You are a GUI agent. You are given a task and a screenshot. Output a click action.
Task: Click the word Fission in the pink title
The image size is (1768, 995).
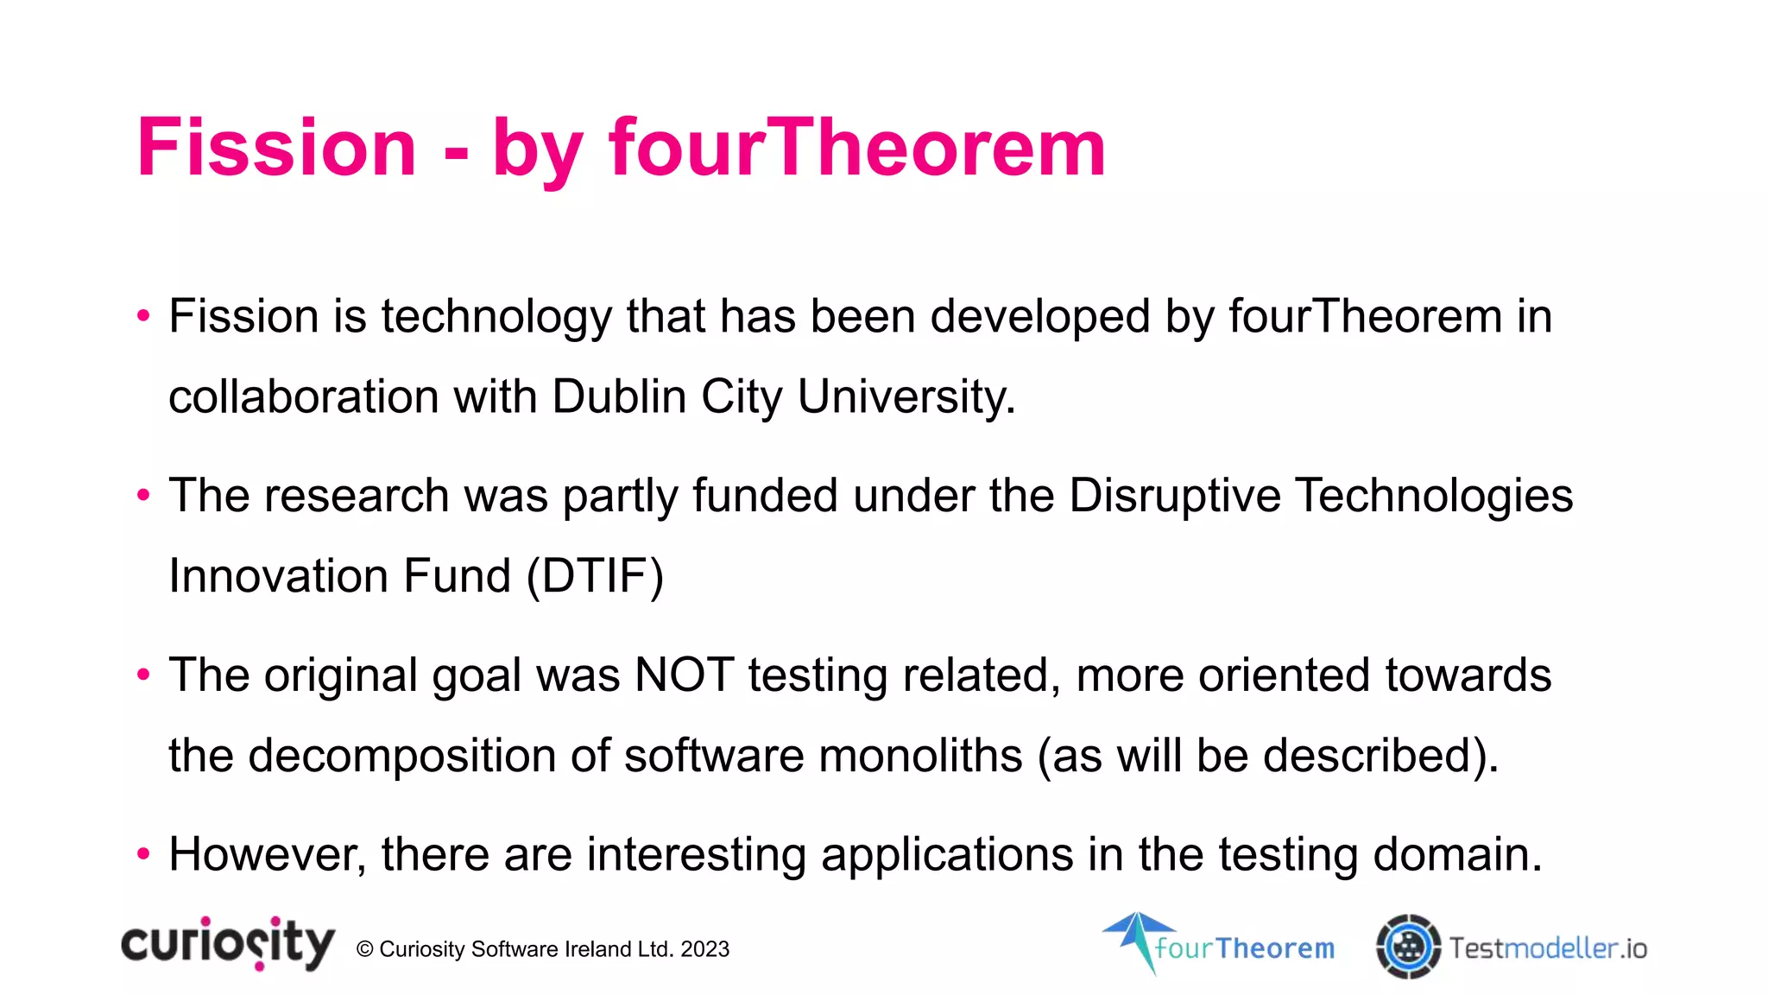click(x=276, y=148)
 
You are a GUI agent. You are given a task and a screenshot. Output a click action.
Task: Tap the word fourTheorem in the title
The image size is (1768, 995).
click(x=856, y=148)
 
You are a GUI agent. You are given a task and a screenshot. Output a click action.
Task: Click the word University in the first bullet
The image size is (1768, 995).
click(x=906, y=396)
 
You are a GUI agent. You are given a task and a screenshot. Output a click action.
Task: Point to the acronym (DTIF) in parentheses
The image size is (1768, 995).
click(x=595, y=576)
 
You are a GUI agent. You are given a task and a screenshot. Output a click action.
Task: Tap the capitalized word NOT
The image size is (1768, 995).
click(x=684, y=675)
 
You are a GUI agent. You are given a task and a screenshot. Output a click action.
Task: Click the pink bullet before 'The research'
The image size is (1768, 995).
click(x=143, y=495)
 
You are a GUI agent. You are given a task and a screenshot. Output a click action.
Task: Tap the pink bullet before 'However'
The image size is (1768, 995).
click(x=143, y=854)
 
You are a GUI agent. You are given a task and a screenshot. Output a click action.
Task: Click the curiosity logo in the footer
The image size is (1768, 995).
click(x=228, y=943)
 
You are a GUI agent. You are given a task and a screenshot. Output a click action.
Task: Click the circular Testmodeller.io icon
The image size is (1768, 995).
click(x=1408, y=947)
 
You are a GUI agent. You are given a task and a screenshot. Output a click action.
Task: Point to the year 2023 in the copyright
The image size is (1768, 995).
click(x=704, y=949)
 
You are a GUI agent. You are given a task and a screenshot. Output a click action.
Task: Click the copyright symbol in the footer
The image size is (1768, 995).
click(x=364, y=949)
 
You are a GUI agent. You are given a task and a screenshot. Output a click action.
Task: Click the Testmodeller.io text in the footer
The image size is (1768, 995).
click(x=1548, y=948)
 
